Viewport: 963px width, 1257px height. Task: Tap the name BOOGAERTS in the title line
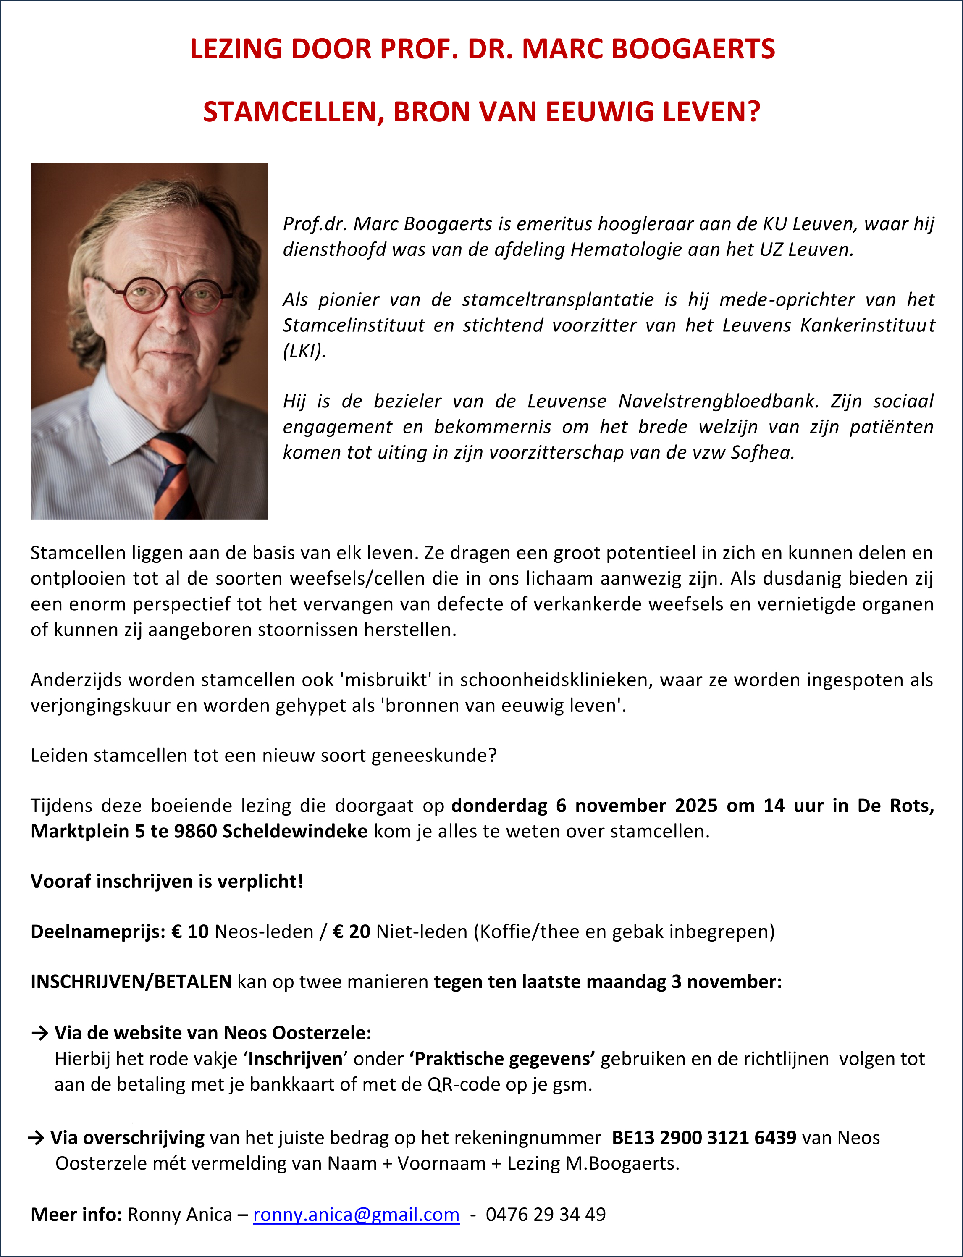(x=694, y=49)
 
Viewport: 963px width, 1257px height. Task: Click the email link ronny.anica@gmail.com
(x=356, y=1215)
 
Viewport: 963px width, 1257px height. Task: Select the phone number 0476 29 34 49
(x=545, y=1215)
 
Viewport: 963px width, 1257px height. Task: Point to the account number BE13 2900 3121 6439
(x=704, y=1138)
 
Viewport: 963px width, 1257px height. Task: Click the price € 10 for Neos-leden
(x=190, y=932)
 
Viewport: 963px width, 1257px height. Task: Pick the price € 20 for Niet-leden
(x=352, y=932)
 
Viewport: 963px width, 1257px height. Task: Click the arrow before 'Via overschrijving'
(x=36, y=1138)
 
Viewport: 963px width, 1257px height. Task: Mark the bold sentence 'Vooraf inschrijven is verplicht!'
(x=167, y=882)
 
